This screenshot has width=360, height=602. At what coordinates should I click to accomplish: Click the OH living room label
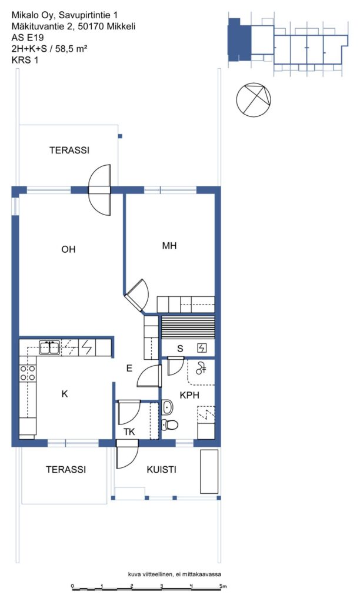pos(68,249)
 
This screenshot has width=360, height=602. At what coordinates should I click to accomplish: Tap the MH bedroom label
pos(169,246)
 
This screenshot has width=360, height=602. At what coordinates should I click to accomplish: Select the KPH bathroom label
pos(189,395)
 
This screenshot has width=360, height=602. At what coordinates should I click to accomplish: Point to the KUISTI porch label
pos(161,469)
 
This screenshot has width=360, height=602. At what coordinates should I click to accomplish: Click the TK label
pos(129,432)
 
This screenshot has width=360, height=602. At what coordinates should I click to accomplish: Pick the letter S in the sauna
pos(180,349)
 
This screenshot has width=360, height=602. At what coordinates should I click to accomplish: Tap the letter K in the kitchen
pos(65,393)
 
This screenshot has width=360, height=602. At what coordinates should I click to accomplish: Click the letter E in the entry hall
pos(129,368)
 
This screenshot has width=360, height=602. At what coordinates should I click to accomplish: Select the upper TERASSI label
pos(69,150)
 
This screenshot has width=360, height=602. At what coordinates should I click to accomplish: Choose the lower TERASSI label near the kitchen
pos(66,469)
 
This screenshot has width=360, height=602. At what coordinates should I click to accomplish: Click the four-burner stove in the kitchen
pos(28,373)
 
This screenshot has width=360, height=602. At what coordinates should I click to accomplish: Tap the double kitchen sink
pos(49,348)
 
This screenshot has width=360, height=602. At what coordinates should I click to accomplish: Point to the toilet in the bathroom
pos(169,424)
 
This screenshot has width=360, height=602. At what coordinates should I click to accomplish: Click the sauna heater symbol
pos(202,348)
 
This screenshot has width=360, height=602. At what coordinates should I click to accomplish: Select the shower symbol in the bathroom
pos(201,368)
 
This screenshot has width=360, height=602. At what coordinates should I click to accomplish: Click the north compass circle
pos(254,100)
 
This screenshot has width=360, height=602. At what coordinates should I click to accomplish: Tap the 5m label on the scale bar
pos(223,586)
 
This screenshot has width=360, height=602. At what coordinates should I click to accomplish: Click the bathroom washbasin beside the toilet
pos(167,407)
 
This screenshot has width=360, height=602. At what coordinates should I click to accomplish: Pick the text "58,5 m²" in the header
pos(71,48)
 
